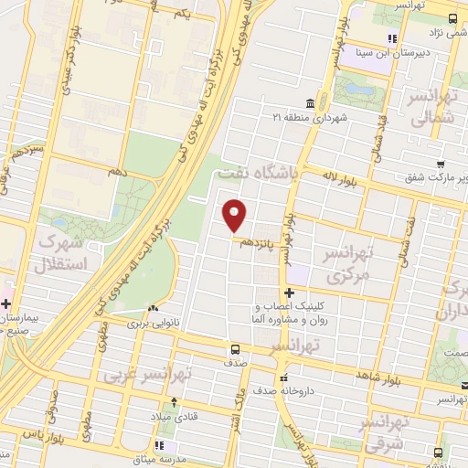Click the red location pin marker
pyautogui.click(x=235, y=215)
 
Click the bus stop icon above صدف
pyautogui.click(x=236, y=349)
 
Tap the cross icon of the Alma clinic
pyautogui.click(x=289, y=292)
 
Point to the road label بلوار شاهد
pyautogui.click(x=356, y=376)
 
